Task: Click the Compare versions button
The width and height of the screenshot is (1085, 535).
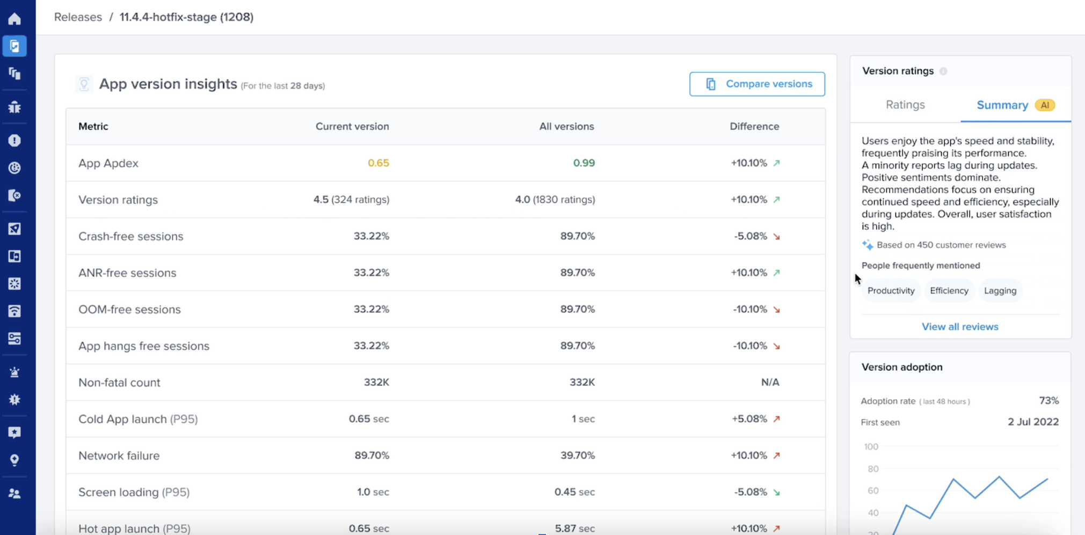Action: point(757,84)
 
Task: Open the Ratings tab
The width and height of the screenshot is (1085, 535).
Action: point(905,105)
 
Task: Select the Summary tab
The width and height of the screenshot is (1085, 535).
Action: point(1002,105)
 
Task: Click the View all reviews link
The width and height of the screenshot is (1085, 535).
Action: point(960,327)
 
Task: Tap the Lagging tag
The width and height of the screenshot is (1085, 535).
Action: point(1000,291)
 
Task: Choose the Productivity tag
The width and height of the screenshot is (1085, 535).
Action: point(891,291)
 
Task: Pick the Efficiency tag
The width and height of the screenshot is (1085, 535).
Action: point(949,291)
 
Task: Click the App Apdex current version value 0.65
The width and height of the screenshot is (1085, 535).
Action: point(378,163)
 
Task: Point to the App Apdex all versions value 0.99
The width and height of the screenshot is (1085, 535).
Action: point(584,163)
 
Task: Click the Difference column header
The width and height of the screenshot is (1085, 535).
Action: point(754,127)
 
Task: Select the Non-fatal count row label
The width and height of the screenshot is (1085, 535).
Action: point(119,383)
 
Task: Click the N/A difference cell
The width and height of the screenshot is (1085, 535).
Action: point(770,383)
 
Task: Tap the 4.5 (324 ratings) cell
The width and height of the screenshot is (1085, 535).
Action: point(351,200)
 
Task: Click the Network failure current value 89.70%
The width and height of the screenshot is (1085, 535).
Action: point(372,456)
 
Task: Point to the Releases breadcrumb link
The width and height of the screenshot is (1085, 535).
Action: point(78,17)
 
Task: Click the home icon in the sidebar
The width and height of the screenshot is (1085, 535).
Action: point(14,19)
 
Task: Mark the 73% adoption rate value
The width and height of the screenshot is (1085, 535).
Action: point(1048,401)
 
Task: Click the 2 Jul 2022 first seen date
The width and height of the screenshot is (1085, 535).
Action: point(1033,422)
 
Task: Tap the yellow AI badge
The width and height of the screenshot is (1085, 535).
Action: point(1045,105)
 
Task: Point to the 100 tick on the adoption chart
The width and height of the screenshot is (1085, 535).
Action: point(871,447)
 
